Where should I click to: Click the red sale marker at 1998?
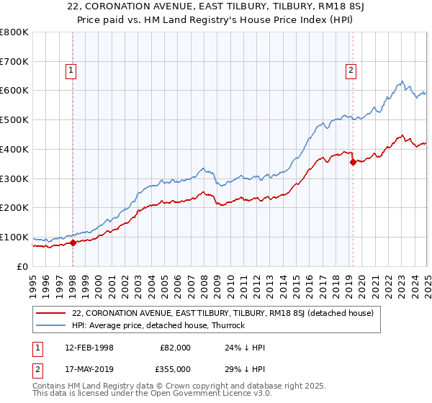(x=73, y=243)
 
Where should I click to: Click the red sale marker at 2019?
(x=353, y=163)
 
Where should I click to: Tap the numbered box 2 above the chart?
(x=351, y=71)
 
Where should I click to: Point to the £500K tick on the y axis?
(x=14, y=120)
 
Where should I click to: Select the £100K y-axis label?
(x=14, y=237)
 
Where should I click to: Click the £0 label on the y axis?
(x=22, y=267)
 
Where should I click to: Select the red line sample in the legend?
(x=50, y=314)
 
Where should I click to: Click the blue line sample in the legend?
(x=50, y=325)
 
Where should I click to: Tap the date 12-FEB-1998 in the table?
(x=89, y=348)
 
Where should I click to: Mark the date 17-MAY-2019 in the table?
(x=89, y=368)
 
